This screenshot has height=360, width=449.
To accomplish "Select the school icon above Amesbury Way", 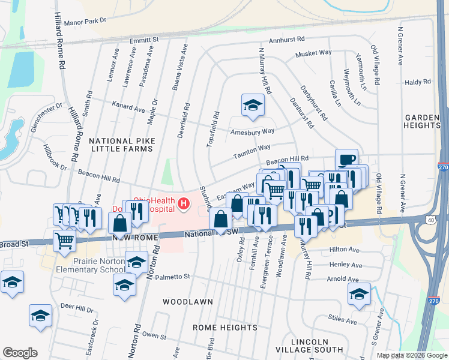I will [x=253, y=105].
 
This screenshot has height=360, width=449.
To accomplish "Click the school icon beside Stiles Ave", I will [x=359, y=294].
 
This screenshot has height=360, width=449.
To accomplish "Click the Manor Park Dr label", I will [x=85, y=20].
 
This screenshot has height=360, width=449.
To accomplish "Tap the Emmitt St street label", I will [x=143, y=39].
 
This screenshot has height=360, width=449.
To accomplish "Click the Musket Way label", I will [x=313, y=53].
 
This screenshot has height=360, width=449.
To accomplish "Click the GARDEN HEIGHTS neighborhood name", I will [x=423, y=121].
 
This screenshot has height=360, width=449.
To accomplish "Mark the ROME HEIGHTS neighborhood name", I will [x=224, y=327].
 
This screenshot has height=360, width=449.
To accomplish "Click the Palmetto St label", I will [x=173, y=277].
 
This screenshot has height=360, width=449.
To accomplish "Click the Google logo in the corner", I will [x=20, y=353].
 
